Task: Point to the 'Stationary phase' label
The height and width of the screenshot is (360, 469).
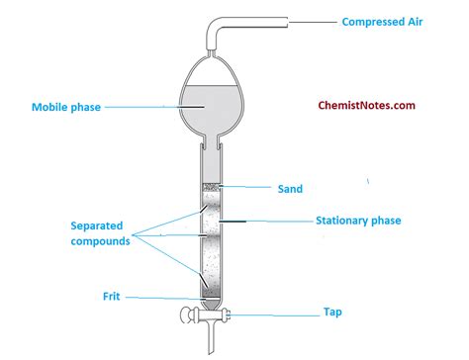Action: [x=357, y=221]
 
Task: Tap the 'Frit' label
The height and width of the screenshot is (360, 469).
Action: [x=112, y=295]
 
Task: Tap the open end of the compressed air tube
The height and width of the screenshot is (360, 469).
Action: [x=288, y=20]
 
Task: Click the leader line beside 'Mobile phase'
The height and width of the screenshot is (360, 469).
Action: [x=148, y=107]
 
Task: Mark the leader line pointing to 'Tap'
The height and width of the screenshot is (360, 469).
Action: [x=272, y=313]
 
